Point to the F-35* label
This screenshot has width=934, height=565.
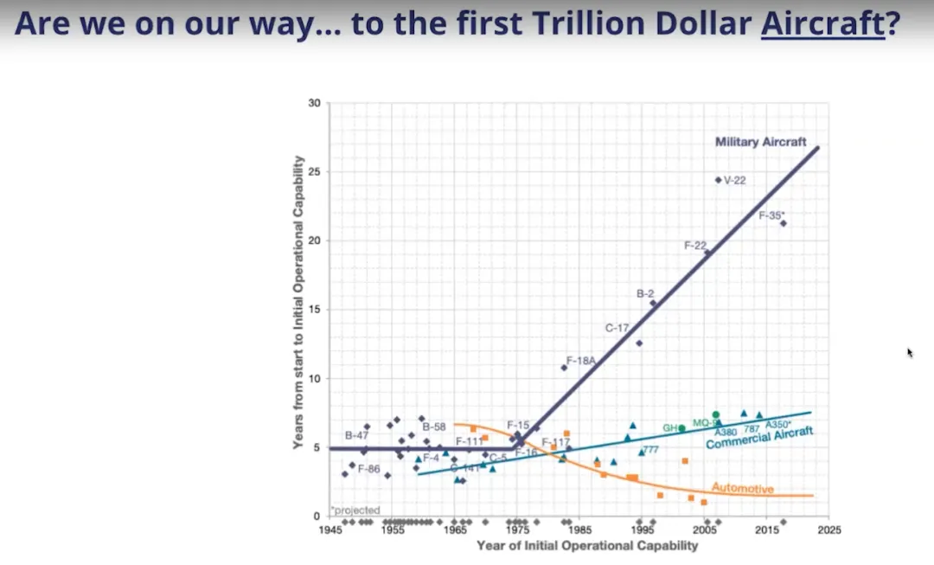[x=771, y=215]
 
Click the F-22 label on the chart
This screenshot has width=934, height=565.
[x=695, y=246]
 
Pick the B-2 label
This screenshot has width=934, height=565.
[x=645, y=294]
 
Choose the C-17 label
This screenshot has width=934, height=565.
[x=617, y=328]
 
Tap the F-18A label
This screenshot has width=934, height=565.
[x=581, y=360]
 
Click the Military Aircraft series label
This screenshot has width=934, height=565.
[x=760, y=142]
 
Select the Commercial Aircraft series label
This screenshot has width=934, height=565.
[x=759, y=439]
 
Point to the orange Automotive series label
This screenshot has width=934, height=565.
[x=742, y=489]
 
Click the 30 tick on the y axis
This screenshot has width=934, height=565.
[x=315, y=104]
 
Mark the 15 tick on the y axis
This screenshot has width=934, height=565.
[x=315, y=310]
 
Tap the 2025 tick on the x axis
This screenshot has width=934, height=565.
[x=829, y=530]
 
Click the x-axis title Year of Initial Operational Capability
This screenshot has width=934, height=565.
[x=586, y=545]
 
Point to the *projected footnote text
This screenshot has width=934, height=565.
[x=355, y=510]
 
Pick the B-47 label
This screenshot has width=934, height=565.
[x=357, y=435]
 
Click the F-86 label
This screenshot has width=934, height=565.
[x=368, y=469]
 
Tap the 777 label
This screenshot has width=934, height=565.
[x=650, y=450]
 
